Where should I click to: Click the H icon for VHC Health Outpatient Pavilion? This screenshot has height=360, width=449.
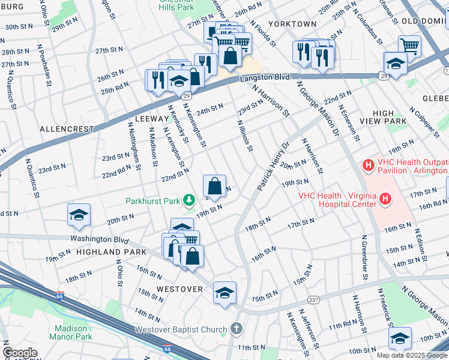click(367, 163)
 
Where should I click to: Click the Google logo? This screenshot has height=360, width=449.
click(19, 353)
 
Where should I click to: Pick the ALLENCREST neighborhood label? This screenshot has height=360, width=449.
click(67, 129)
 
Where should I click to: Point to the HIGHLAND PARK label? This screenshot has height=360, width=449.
click(107, 253)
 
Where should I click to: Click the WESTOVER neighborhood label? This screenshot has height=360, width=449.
click(180, 289)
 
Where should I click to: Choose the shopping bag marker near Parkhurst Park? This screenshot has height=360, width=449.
click(214, 185)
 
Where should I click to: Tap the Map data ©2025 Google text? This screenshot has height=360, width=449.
click(411, 355)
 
